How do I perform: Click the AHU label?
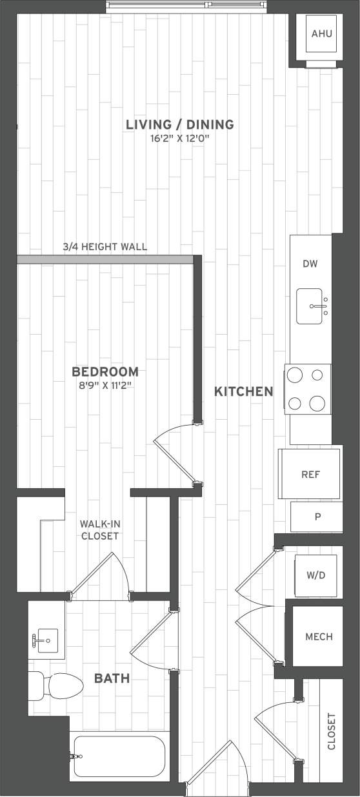point(321,34)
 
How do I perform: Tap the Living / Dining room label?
point(179,124)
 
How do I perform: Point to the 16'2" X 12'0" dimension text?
point(179,137)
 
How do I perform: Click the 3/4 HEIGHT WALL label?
point(105,246)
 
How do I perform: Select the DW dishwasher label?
point(310,263)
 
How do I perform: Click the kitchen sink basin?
point(312,306)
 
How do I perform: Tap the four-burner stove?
point(308,389)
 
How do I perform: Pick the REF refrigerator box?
point(310,475)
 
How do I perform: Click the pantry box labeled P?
point(317,517)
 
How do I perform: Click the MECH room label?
point(319,637)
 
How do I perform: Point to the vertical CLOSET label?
point(332,731)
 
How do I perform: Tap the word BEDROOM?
point(105,372)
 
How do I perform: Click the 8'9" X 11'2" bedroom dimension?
point(105,386)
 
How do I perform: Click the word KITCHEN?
point(243,391)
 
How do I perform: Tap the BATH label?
point(112,678)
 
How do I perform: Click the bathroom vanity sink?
point(47,640)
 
